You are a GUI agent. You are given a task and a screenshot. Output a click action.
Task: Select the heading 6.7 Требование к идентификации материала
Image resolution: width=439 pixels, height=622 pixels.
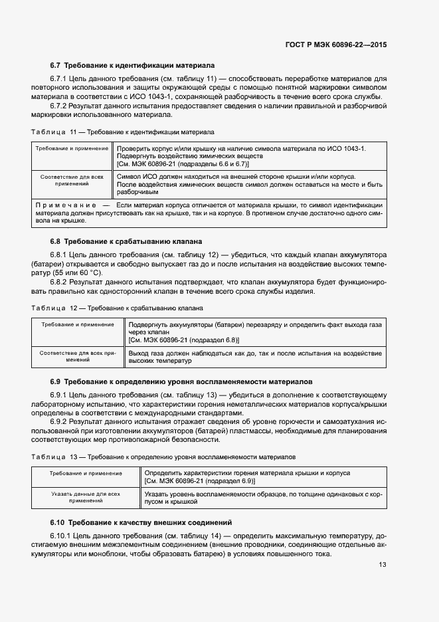pos(132,66)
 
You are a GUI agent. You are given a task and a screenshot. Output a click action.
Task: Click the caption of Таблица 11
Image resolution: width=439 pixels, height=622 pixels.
pos(123,132)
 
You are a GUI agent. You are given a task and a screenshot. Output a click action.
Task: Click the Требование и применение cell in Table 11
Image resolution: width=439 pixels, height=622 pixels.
pos(72,148)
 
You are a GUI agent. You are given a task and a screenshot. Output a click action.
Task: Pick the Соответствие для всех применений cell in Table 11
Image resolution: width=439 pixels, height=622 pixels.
pos(72,181)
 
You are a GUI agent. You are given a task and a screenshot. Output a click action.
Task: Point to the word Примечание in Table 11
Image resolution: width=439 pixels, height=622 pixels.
pos(63,205)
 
